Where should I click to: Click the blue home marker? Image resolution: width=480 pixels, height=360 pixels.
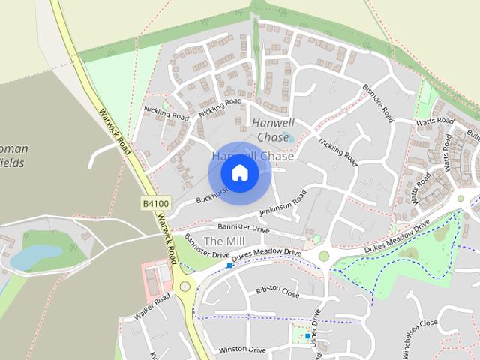(239, 173)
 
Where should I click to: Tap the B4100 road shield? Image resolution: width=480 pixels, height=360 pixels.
(154, 202)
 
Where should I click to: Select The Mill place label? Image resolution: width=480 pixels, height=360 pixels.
(224, 241)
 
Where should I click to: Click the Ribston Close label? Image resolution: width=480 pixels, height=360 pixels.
(277, 292)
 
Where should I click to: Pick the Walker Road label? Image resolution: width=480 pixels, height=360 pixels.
(153, 307)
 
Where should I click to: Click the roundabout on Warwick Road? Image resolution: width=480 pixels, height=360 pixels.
(184, 286)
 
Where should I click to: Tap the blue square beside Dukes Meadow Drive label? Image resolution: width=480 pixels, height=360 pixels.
(229, 265)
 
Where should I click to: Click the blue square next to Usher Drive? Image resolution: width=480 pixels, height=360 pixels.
(307, 337)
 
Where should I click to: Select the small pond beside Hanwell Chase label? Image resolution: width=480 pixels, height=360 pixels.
(289, 137)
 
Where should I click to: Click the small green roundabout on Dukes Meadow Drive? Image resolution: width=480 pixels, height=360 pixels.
(324, 256)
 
